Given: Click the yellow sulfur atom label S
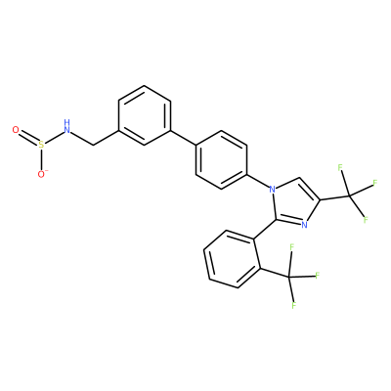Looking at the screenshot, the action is click(41, 145).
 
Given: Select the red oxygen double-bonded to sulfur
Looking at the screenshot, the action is click(16, 130).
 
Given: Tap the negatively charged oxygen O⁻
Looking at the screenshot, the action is click(42, 174).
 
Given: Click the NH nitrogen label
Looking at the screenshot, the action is click(66, 127).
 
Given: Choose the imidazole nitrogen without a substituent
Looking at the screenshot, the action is click(304, 225).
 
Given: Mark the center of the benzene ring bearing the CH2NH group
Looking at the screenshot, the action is click(145, 115).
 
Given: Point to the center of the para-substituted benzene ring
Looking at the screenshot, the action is click(221, 159).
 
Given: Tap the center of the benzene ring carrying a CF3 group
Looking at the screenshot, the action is click(232, 259).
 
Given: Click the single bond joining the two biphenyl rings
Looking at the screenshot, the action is click(183, 138).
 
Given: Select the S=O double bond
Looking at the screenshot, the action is click(28, 138).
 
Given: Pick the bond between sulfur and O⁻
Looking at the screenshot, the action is click(41, 159).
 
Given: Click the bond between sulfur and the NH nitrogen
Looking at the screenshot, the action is click(54, 138).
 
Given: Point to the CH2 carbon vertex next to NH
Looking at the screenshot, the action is click(94, 146).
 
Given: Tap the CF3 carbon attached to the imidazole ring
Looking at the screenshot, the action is click(350, 196).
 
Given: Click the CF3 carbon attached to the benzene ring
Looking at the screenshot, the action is click(288, 278).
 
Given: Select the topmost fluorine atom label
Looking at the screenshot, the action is click(340, 168).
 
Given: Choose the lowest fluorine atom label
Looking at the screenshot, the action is click(294, 306).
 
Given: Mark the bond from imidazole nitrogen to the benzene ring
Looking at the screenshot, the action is click(258, 180).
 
